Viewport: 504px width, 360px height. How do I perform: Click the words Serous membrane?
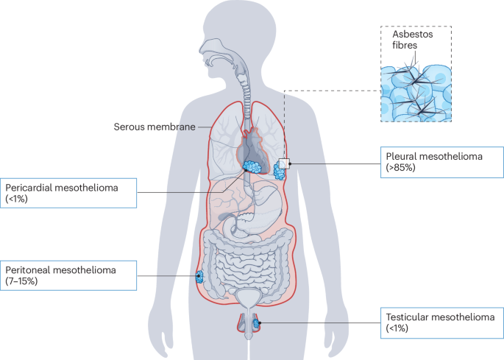point(154,127)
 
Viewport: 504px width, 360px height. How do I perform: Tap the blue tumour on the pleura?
point(280,172)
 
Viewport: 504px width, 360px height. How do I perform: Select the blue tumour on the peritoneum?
point(199,278)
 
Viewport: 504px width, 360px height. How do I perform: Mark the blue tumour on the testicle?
point(257,324)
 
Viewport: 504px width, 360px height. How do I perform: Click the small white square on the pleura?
point(285,164)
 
